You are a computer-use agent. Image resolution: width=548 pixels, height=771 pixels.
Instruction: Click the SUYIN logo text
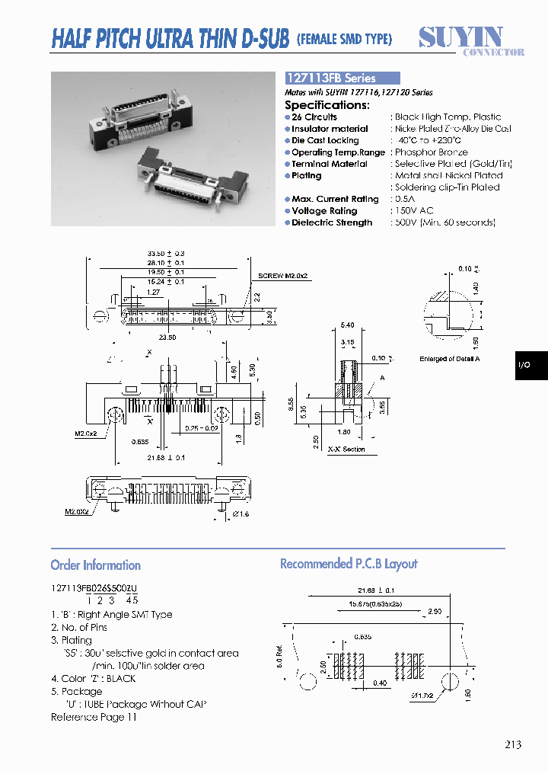(460, 37)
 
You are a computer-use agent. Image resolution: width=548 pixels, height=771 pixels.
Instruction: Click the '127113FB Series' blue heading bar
(342, 78)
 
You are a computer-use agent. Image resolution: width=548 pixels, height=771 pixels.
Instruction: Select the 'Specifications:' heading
(327, 105)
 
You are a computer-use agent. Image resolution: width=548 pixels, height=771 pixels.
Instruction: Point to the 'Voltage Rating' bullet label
(324, 211)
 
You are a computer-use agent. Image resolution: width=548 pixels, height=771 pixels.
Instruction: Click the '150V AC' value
(415, 211)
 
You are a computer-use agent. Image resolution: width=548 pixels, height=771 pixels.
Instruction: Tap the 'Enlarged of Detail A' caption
(455, 359)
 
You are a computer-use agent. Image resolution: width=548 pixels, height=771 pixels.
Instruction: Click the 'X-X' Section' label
(346, 449)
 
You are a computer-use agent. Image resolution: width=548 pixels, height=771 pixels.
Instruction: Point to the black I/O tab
(525, 366)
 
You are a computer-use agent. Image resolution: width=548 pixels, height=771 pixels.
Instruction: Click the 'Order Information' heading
(95, 565)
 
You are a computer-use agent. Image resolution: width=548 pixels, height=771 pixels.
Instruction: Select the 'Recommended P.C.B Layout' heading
(349, 564)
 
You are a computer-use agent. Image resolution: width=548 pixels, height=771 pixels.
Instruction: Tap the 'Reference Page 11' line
(94, 718)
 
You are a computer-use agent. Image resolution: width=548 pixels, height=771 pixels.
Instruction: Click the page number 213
(512, 744)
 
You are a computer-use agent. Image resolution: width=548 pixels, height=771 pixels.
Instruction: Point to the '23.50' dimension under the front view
(167, 337)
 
